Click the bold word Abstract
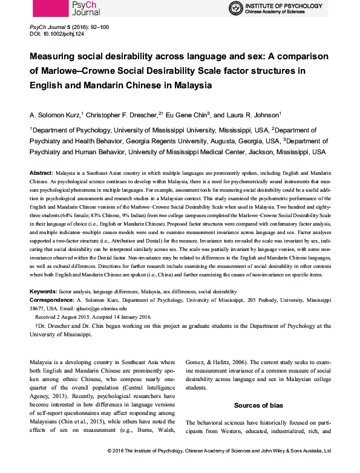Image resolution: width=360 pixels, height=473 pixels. click(x=42, y=172)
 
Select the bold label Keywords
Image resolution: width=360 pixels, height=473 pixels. click(x=43, y=292)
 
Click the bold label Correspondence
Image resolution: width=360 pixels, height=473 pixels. click(x=53, y=299)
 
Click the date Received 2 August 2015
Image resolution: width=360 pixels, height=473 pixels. click(x=65, y=315)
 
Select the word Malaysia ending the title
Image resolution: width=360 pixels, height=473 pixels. click(x=189, y=85)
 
